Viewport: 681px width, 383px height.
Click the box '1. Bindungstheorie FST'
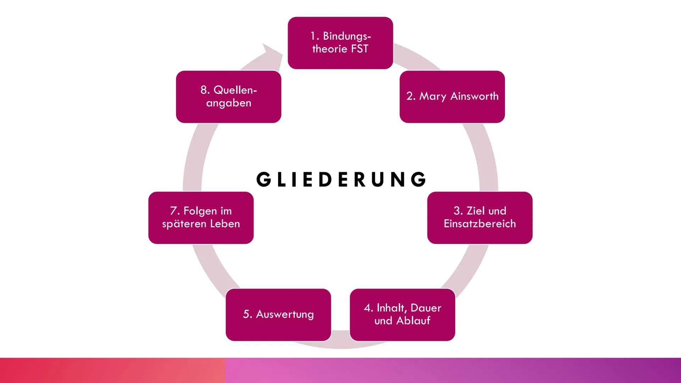(x=340, y=43)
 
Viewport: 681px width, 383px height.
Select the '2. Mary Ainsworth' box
(x=452, y=96)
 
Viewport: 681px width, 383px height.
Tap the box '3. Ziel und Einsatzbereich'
(x=480, y=217)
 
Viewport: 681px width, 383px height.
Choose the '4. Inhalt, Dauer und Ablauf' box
(x=402, y=315)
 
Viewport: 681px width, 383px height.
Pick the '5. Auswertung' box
(x=278, y=315)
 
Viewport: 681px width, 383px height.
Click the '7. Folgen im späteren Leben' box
(x=201, y=217)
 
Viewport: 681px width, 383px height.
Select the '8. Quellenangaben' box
(x=228, y=96)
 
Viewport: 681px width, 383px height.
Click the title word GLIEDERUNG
(x=341, y=179)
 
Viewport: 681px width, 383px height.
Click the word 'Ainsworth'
(x=474, y=96)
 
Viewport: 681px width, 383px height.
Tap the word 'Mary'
(x=433, y=96)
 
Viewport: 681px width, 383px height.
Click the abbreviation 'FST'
(x=360, y=49)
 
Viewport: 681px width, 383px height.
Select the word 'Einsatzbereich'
(x=480, y=224)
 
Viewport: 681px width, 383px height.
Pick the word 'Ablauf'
(x=413, y=321)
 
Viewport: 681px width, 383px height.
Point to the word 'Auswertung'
(x=285, y=315)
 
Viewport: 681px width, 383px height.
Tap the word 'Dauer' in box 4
(x=426, y=308)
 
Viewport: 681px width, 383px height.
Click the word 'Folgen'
(x=200, y=211)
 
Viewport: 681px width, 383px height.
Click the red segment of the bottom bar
(x=112, y=370)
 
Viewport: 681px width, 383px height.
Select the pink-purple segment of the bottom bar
(x=453, y=370)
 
